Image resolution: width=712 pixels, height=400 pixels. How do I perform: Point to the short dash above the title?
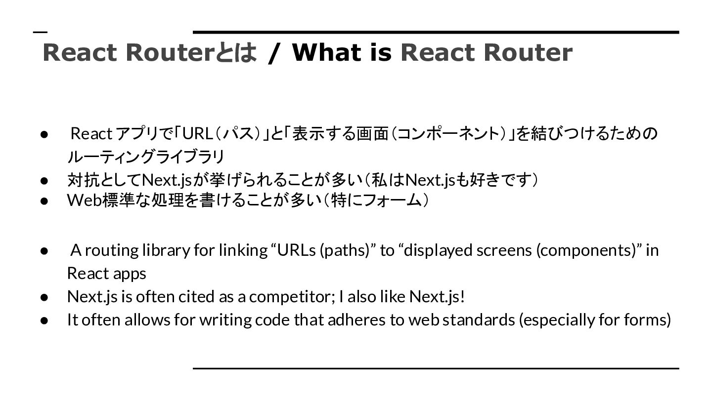[41, 32]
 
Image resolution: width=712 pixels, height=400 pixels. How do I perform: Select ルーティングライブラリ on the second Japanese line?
[146, 157]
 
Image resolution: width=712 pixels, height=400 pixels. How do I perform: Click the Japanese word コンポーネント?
[446, 134]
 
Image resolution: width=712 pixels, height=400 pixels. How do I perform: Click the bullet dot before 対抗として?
[44, 180]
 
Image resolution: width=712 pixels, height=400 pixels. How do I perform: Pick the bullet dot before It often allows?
[44, 320]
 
